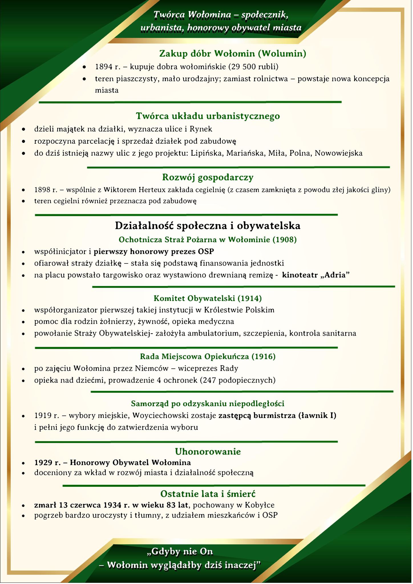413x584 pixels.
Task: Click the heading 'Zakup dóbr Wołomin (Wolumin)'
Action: [x=232, y=53]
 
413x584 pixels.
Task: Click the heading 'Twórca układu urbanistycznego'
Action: [x=208, y=116]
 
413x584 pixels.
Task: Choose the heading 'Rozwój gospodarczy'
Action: [x=208, y=177]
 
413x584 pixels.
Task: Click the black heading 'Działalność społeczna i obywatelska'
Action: [x=208, y=226]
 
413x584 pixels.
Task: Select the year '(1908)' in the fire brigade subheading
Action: [x=285, y=240]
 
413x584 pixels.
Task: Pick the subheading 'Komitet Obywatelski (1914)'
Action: [x=208, y=298]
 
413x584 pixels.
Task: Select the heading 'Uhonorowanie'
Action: [x=208, y=451]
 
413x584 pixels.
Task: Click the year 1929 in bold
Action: [x=43, y=462]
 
